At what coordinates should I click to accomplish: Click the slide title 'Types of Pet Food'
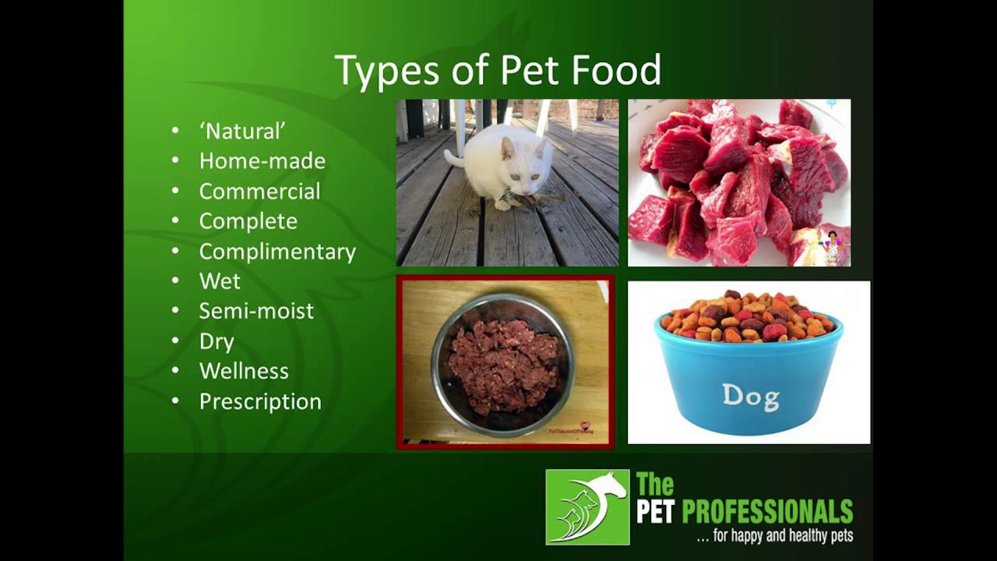pyautogui.click(x=498, y=70)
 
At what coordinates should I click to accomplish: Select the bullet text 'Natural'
pyautogui.click(x=242, y=131)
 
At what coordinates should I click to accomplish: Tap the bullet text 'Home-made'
pyautogui.click(x=262, y=161)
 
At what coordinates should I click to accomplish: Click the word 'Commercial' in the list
pyautogui.click(x=259, y=191)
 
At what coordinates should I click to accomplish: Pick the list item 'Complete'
pyautogui.click(x=248, y=221)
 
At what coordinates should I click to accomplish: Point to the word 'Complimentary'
pyautogui.click(x=277, y=251)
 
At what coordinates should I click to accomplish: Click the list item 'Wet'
pyautogui.click(x=220, y=280)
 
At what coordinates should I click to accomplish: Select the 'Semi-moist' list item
pyautogui.click(x=256, y=310)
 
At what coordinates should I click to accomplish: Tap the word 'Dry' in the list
pyautogui.click(x=216, y=341)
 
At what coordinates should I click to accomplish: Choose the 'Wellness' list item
pyautogui.click(x=244, y=371)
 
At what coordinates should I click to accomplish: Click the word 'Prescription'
pyautogui.click(x=260, y=401)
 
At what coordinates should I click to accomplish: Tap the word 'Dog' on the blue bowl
pyautogui.click(x=750, y=396)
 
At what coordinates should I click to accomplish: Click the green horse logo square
pyautogui.click(x=587, y=506)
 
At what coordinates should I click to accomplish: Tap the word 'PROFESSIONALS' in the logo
pyautogui.click(x=767, y=512)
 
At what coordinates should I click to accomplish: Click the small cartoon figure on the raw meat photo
pyautogui.click(x=833, y=249)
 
